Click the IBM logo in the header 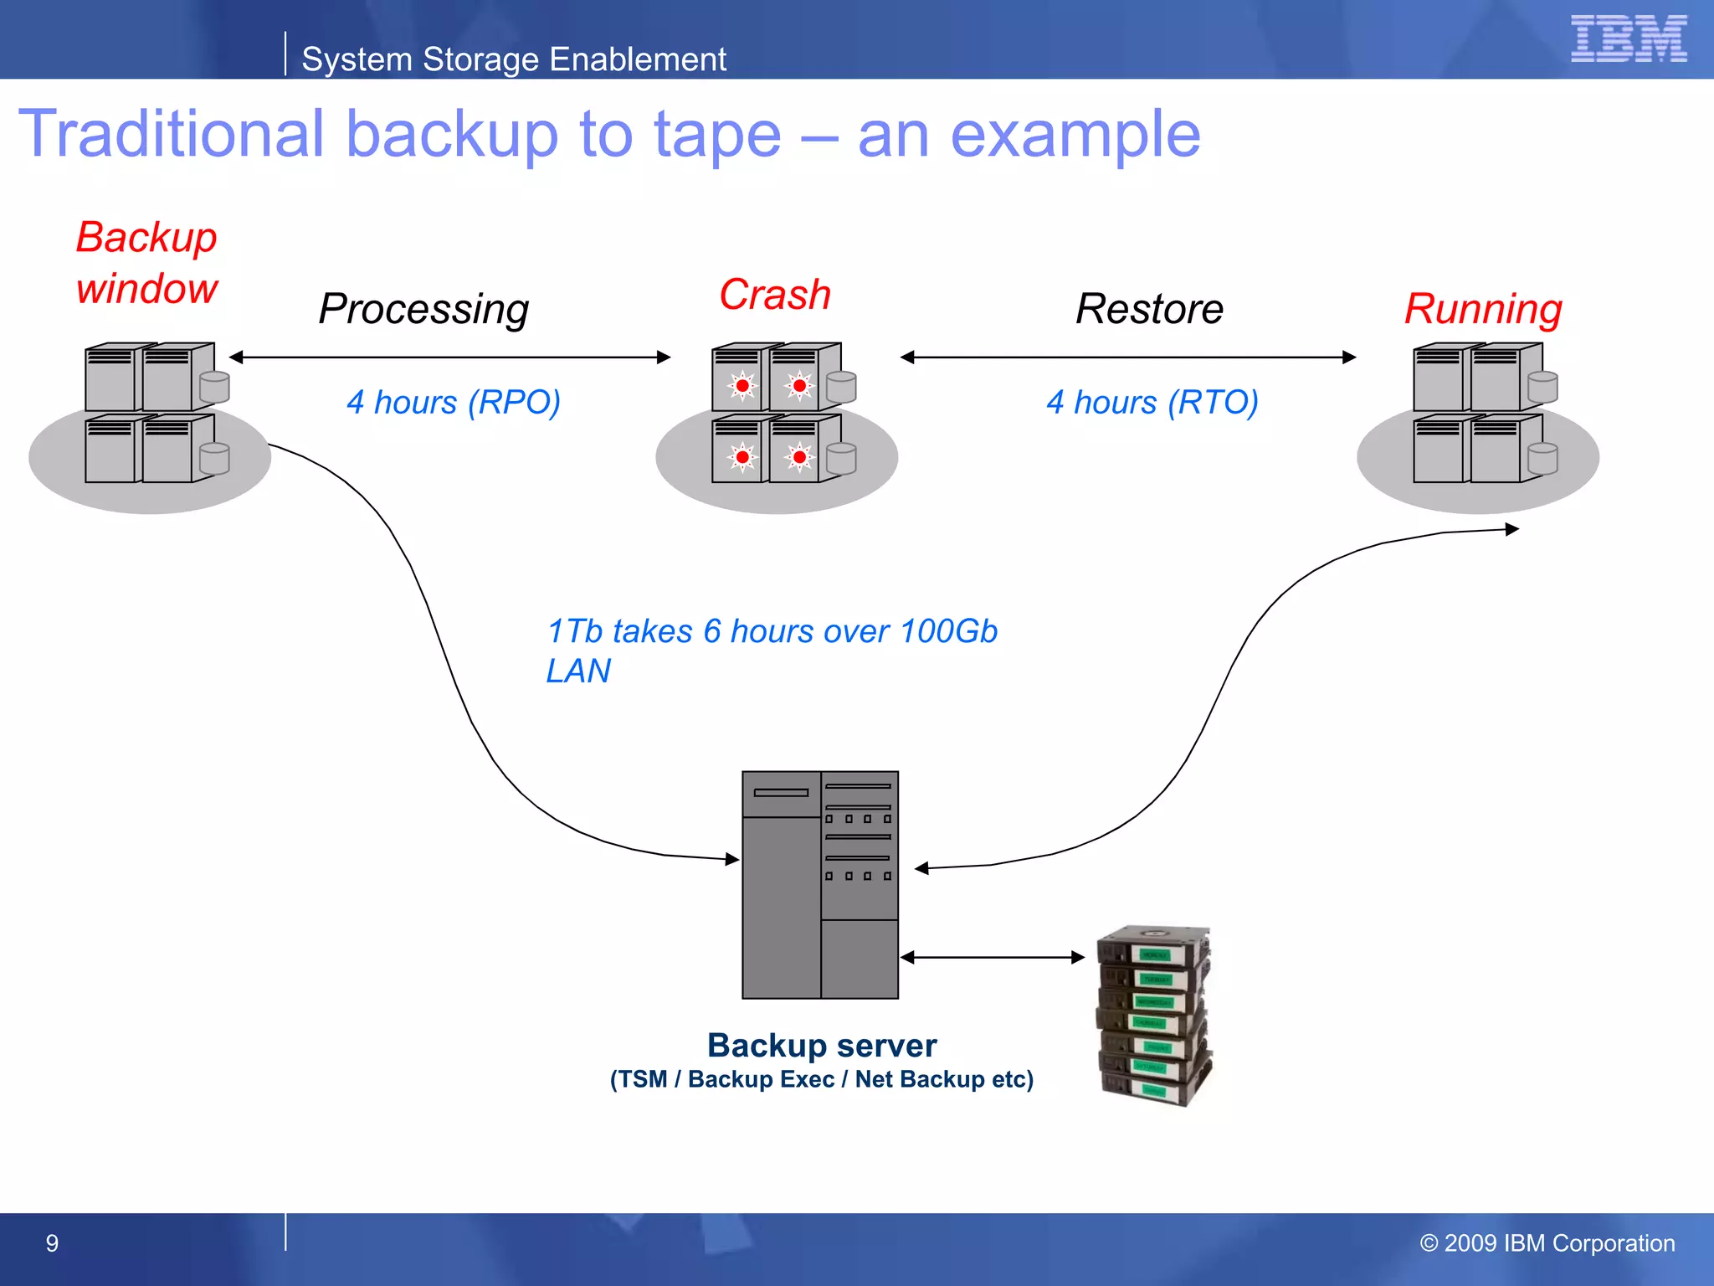tap(1628, 39)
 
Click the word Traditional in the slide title tap(171, 134)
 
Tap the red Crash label tap(775, 295)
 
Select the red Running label tap(1483, 309)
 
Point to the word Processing tap(423, 309)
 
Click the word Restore tap(1149, 309)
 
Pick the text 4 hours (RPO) tap(453, 402)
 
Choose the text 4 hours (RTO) tap(1152, 402)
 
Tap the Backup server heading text tap(821, 1045)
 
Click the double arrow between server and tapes tap(993, 957)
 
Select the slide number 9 tap(52, 1243)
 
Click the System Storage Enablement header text tap(513, 59)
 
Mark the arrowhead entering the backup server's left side tap(732, 859)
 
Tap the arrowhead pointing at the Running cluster tap(1511, 529)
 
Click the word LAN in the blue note tap(577, 671)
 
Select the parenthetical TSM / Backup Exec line tap(821, 1079)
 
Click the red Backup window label tap(146, 262)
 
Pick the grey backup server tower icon tap(819, 885)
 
